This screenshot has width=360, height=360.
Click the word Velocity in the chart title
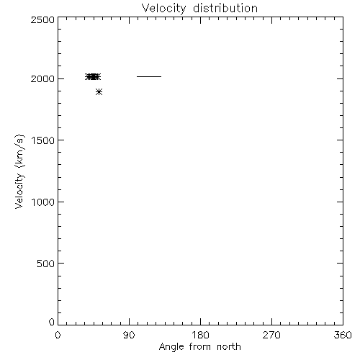[163, 9]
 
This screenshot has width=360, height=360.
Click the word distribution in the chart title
[225, 8]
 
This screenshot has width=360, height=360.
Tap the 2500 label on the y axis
[42, 19]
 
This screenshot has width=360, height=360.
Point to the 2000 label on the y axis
[42, 78]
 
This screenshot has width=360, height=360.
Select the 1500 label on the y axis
[43, 140]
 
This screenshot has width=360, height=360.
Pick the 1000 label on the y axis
[43, 202]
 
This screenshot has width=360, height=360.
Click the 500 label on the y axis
[45, 264]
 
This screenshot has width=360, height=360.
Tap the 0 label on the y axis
[52, 322]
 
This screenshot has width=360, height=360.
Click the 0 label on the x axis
[58, 335]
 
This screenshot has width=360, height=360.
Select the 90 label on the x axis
[129, 335]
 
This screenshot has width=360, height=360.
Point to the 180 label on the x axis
[200, 335]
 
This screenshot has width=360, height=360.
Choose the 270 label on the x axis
[271, 335]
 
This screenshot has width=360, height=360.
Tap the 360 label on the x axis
[343, 335]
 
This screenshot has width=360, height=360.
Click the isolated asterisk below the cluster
[99, 91]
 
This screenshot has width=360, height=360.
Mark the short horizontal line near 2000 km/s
[149, 76]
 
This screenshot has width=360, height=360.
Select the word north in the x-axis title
[229, 347]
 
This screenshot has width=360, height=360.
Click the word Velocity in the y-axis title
[19, 191]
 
